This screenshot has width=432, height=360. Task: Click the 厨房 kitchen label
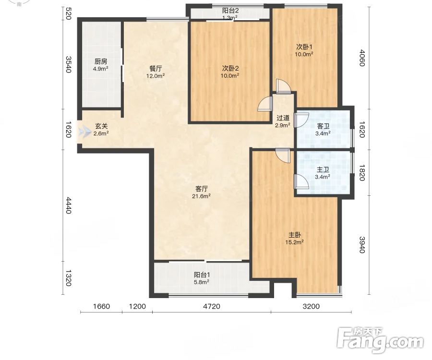[x=101, y=61]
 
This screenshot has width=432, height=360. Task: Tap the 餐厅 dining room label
[x=156, y=69]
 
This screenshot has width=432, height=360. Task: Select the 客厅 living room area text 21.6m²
[x=202, y=196]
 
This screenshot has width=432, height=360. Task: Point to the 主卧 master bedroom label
[x=295, y=235]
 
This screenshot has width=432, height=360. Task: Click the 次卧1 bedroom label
[x=304, y=47]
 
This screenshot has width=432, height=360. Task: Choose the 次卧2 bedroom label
[x=230, y=68]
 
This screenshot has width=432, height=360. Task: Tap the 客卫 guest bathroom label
[x=323, y=126]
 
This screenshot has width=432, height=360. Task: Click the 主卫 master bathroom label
[x=323, y=169]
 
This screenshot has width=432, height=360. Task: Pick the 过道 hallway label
[x=283, y=118]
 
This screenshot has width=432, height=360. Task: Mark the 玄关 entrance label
[x=101, y=126]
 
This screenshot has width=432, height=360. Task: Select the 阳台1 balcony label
[x=202, y=275]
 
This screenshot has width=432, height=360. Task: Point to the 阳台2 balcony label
[x=230, y=11]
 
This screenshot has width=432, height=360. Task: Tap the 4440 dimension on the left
[x=68, y=205]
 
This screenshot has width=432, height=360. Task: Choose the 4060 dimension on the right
[x=362, y=58]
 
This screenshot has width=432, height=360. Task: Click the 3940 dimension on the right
[x=362, y=245]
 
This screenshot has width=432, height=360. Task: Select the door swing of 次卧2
[x=264, y=104]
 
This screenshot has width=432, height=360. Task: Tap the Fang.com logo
[x=380, y=340]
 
